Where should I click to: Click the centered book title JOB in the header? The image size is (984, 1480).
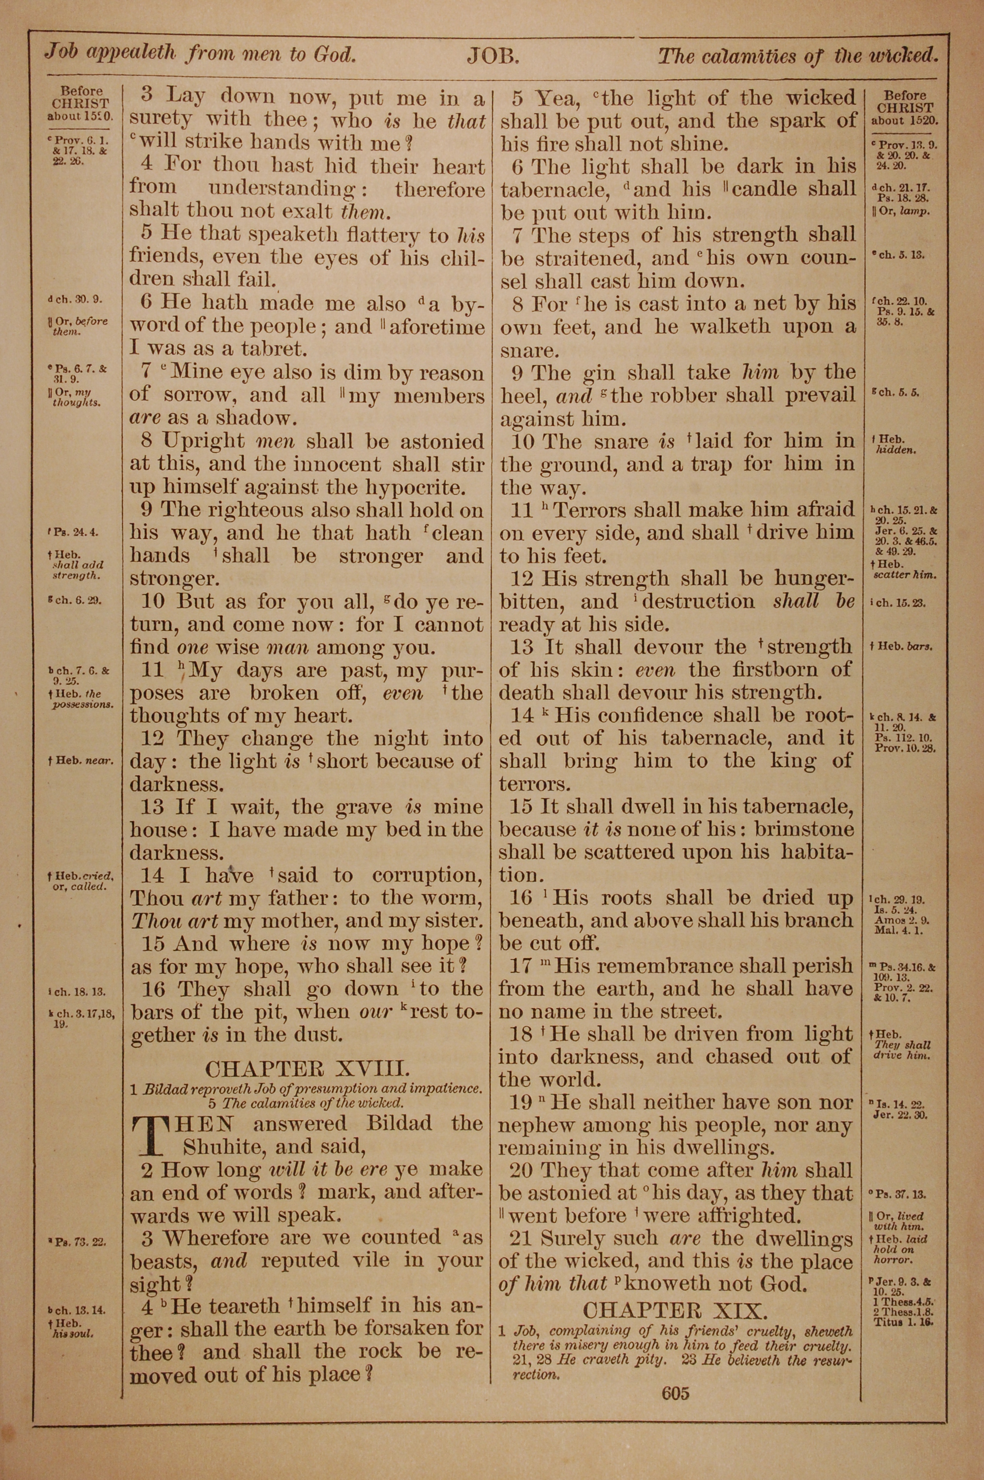[492, 57]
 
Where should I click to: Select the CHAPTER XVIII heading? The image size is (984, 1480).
[307, 1069]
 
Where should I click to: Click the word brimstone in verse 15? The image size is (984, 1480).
[804, 830]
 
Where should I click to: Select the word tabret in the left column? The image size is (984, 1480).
[274, 349]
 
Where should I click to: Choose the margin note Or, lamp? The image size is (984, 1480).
[900, 211]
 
